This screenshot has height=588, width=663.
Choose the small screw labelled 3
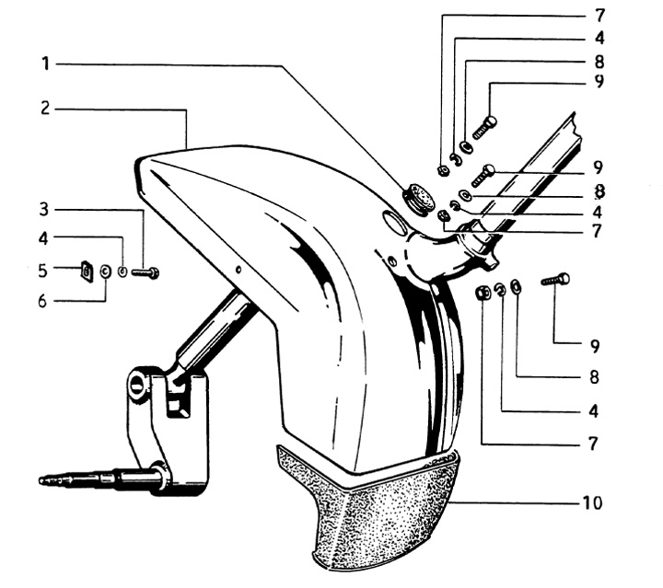[145, 272]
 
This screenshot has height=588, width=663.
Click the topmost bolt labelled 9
[484, 127]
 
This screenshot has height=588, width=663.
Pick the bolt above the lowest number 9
[553, 280]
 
